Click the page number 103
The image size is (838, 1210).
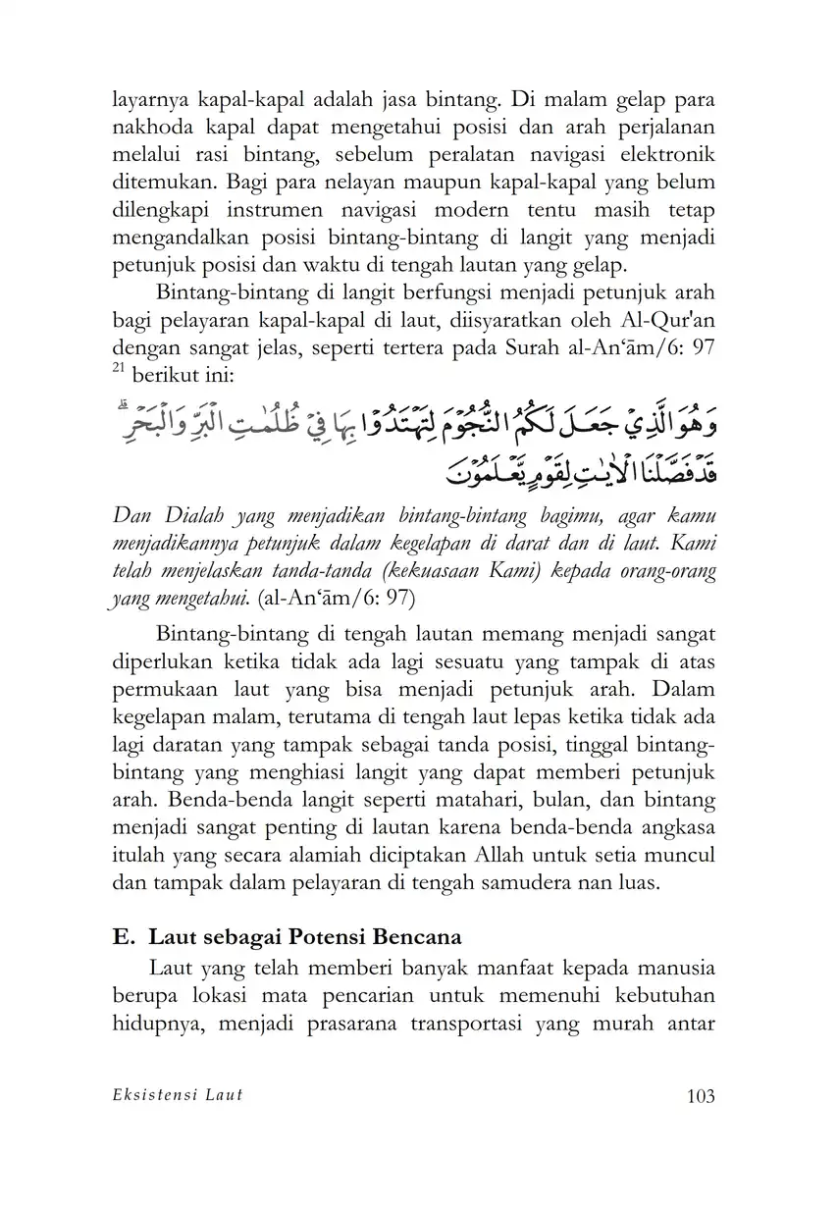[x=696, y=1096]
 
